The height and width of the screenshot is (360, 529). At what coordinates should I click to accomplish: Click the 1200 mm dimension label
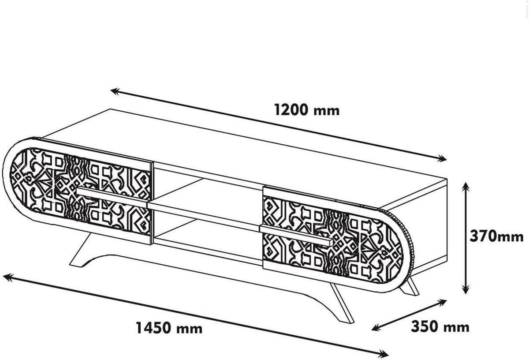(307, 110)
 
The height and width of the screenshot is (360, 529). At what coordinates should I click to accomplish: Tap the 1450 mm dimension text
(169, 328)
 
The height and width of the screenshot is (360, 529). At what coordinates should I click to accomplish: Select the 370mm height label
(496, 236)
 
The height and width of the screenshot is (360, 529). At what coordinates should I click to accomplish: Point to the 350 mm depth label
(440, 327)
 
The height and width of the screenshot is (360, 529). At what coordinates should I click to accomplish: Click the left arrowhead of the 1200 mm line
(115, 91)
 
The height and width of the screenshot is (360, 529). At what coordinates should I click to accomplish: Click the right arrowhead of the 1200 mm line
(442, 158)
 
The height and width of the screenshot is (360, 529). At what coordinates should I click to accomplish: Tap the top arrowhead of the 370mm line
(466, 187)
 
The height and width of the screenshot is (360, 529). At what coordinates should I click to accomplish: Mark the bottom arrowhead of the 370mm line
(466, 289)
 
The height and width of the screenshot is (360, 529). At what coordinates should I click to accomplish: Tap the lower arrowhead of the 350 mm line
(376, 328)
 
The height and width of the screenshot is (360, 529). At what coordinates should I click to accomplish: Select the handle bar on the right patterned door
(296, 235)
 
